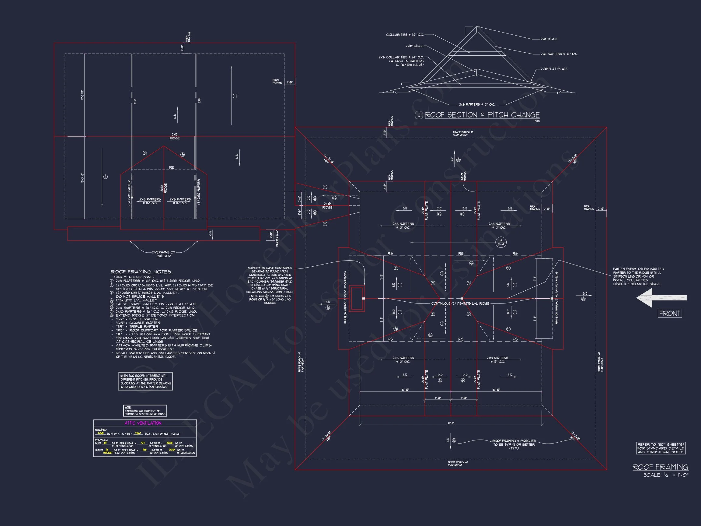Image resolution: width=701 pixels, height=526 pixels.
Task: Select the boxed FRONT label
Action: point(670,314)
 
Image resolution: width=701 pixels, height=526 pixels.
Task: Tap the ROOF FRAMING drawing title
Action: point(661,467)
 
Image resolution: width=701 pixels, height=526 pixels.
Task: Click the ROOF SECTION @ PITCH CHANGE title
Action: point(482,115)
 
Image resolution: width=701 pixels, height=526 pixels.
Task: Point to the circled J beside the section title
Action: point(419,115)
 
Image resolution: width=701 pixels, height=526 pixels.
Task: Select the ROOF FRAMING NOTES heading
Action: point(141,272)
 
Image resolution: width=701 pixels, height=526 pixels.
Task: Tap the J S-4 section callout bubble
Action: point(501,243)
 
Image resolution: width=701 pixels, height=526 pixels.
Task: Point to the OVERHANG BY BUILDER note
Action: point(163,254)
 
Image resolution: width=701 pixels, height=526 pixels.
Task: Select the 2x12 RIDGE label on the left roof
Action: point(175,136)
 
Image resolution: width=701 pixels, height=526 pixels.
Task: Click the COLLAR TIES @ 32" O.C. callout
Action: point(405,35)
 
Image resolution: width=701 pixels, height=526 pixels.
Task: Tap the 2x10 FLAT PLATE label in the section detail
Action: point(554,69)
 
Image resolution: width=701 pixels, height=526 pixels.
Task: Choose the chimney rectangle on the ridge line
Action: point(357,298)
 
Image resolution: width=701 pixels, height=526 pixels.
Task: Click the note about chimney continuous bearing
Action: point(270,285)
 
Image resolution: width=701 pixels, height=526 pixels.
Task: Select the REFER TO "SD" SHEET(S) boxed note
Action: point(661,448)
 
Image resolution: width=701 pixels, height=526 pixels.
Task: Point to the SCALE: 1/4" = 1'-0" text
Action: point(666,475)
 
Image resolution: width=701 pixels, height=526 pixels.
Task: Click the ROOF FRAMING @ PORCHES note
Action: point(514,444)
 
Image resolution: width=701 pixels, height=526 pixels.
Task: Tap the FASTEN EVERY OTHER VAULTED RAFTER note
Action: point(638,276)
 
